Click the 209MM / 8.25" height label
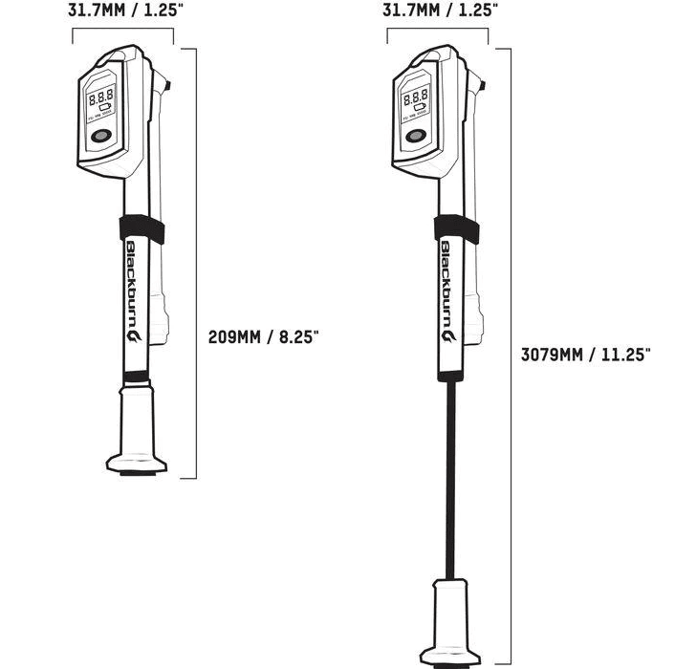click(x=263, y=336)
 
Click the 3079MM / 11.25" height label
click(x=585, y=354)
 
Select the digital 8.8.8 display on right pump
click(x=416, y=97)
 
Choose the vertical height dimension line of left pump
click(x=196, y=263)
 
